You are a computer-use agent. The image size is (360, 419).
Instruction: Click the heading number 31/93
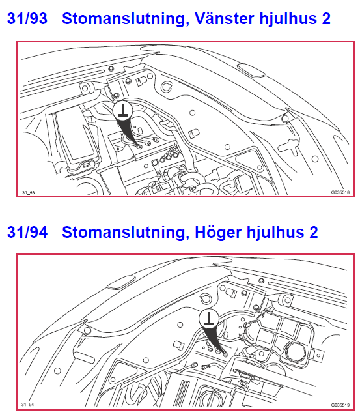[x=27, y=19]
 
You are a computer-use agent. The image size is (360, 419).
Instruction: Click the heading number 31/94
[x=27, y=232]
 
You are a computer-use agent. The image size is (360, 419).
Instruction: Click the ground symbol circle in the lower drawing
[x=208, y=319]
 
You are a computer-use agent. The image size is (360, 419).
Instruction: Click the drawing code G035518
[x=340, y=193]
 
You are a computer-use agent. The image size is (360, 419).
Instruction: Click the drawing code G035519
[x=340, y=405]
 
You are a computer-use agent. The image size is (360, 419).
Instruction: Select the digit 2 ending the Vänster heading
[x=325, y=19]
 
